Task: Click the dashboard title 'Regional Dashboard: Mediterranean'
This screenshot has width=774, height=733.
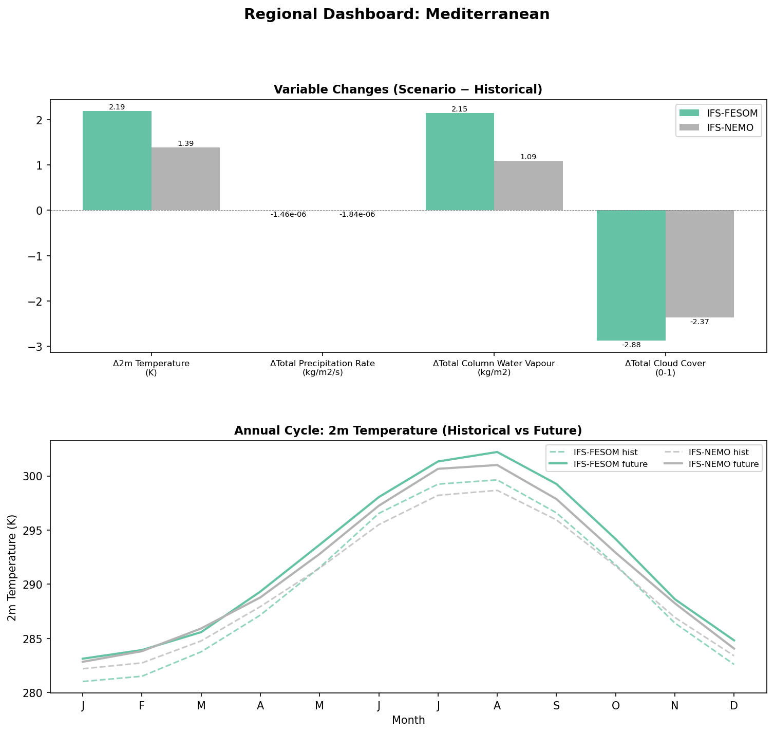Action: (x=397, y=14)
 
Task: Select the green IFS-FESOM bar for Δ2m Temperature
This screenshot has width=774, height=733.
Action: (x=117, y=160)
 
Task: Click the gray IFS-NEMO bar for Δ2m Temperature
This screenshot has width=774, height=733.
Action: (x=185, y=179)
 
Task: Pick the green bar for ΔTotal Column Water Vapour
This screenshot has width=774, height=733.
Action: (x=460, y=161)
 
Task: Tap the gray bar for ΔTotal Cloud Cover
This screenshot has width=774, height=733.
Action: (x=700, y=264)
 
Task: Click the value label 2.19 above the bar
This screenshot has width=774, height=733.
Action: (x=117, y=107)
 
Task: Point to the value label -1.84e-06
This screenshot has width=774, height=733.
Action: (x=357, y=214)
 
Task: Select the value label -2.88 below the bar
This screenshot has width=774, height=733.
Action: (x=631, y=345)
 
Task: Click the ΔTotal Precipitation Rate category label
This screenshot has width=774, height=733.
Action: (x=323, y=368)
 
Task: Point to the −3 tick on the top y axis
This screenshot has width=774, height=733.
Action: (x=40, y=347)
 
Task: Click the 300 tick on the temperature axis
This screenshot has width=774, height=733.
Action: (x=36, y=476)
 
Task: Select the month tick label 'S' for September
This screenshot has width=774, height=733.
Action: (x=556, y=706)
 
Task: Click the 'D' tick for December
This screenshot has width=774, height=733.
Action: (x=734, y=706)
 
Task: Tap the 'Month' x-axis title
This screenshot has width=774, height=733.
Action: (x=408, y=720)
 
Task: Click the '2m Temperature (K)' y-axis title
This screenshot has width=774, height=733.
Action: (x=12, y=567)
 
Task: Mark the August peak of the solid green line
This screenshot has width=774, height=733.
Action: (x=497, y=452)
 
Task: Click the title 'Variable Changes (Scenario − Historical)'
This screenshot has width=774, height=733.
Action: (x=408, y=89)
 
